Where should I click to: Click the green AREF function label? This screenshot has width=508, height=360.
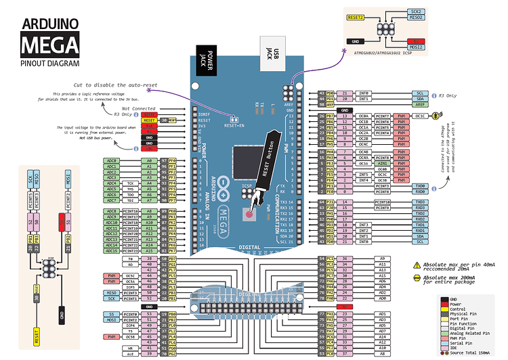pos(420,105)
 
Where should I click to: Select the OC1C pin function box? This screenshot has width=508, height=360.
pos(421,116)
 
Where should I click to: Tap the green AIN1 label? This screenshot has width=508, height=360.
pos(383,163)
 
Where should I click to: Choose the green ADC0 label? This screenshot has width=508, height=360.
pos(112,161)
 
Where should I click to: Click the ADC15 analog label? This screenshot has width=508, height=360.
pos(112,251)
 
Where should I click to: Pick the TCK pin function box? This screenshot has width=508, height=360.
pos(130,183)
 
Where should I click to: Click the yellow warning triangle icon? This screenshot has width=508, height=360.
pos(416,265)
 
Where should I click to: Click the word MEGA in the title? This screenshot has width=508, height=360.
pos(49,45)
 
